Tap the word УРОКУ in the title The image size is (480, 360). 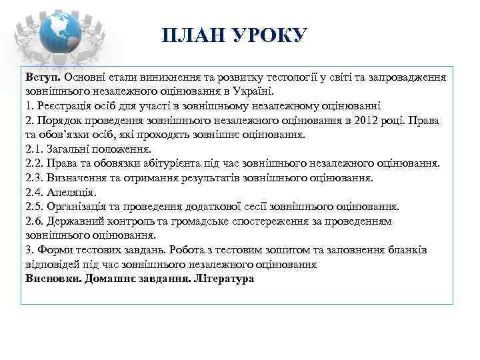pyautogui.click(x=267, y=35)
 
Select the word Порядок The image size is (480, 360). pyautogui.click(x=59, y=120)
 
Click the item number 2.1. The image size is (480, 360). pyautogui.click(x=34, y=149)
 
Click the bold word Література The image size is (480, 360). pyautogui.click(x=223, y=279)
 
